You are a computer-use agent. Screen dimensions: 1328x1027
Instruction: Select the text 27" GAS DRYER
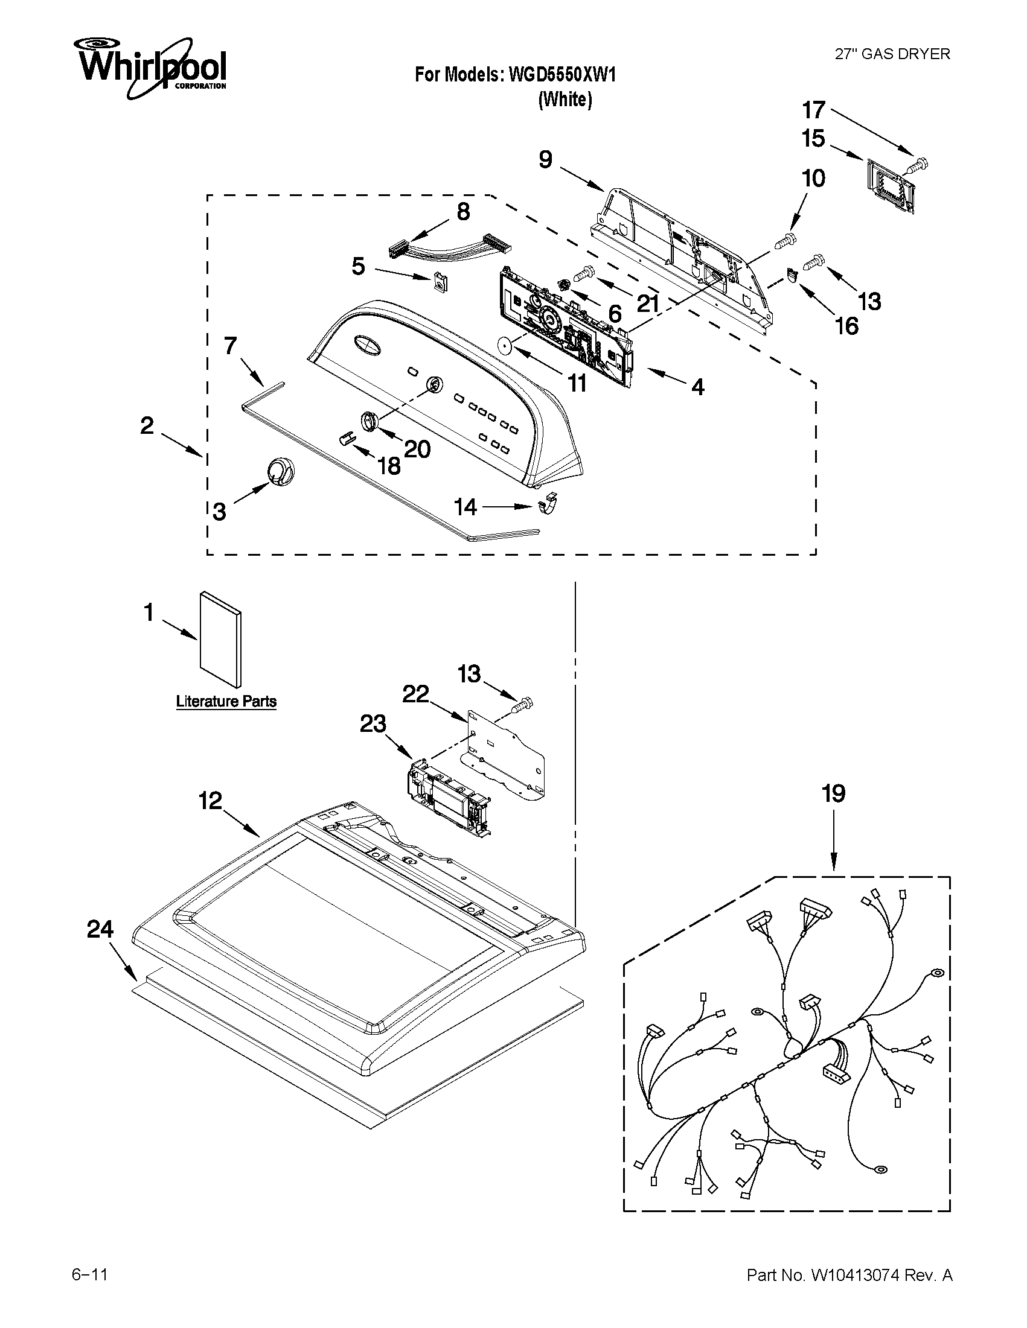coord(891,54)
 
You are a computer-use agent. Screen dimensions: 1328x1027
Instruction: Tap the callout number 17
coord(813,110)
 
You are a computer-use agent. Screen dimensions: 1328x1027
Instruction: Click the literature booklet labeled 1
coord(221,638)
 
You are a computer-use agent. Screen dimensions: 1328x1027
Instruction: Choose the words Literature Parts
coord(226,701)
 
